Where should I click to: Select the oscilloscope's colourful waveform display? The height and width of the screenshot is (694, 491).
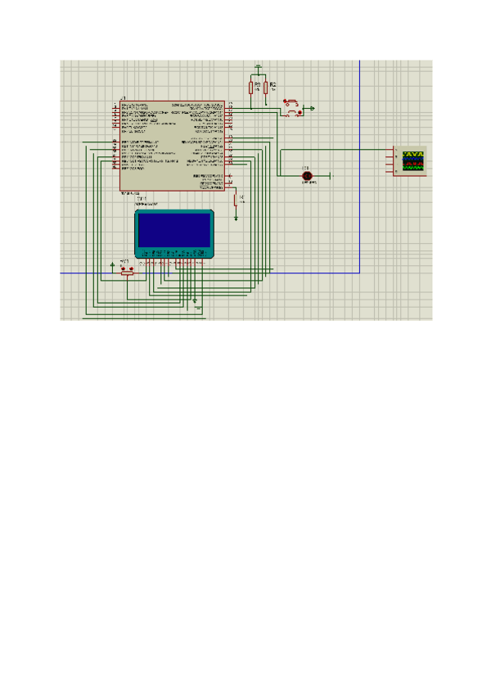[414, 159]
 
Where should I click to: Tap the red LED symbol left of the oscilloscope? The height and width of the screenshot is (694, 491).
[308, 176]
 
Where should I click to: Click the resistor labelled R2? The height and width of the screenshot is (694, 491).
[266, 88]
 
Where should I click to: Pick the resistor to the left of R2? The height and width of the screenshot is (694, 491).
[250, 88]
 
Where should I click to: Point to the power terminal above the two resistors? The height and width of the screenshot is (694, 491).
[258, 65]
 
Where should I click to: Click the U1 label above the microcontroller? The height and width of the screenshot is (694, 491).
[123, 98]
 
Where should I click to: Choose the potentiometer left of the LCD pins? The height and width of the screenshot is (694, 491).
[126, 270]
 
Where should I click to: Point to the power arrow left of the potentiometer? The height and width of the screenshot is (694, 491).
[112, 264]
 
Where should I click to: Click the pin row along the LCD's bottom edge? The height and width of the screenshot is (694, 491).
[173, 261]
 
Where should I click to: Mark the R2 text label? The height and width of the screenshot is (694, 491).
[273, 83]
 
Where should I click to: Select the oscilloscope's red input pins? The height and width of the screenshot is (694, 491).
[396, 160]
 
